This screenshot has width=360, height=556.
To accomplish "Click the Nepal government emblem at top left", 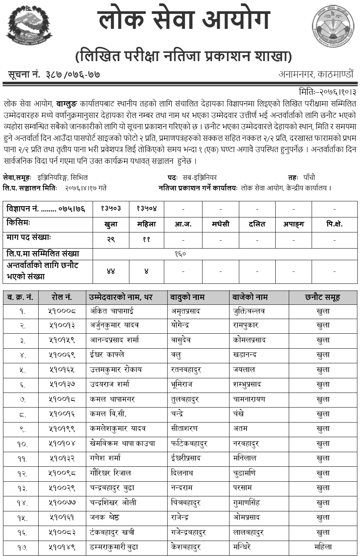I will coord(29,25).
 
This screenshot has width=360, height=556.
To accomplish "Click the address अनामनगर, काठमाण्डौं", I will coord(316,74).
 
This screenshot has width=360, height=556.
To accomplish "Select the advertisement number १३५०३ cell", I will coord(111,208).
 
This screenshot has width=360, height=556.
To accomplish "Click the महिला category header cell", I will coord(146,224).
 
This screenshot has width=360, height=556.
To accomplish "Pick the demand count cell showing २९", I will coord(111,239).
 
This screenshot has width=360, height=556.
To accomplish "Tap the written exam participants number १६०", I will coord(180,254).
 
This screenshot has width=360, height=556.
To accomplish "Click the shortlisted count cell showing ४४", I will coord(111,271).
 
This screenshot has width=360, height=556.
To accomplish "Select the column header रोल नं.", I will coord(61,297).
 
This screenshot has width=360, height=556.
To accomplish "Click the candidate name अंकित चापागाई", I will coord(111,311).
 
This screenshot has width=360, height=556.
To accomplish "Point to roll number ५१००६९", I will coord(62,355).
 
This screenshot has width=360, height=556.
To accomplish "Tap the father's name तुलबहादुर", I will coord(185,399).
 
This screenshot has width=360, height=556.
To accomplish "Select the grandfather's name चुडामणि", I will coord(244,473).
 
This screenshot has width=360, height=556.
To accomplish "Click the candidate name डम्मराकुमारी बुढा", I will coord(114,547).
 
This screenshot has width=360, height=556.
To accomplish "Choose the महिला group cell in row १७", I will coord(323,547).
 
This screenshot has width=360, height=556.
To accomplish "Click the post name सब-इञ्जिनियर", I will coord(199,177).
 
